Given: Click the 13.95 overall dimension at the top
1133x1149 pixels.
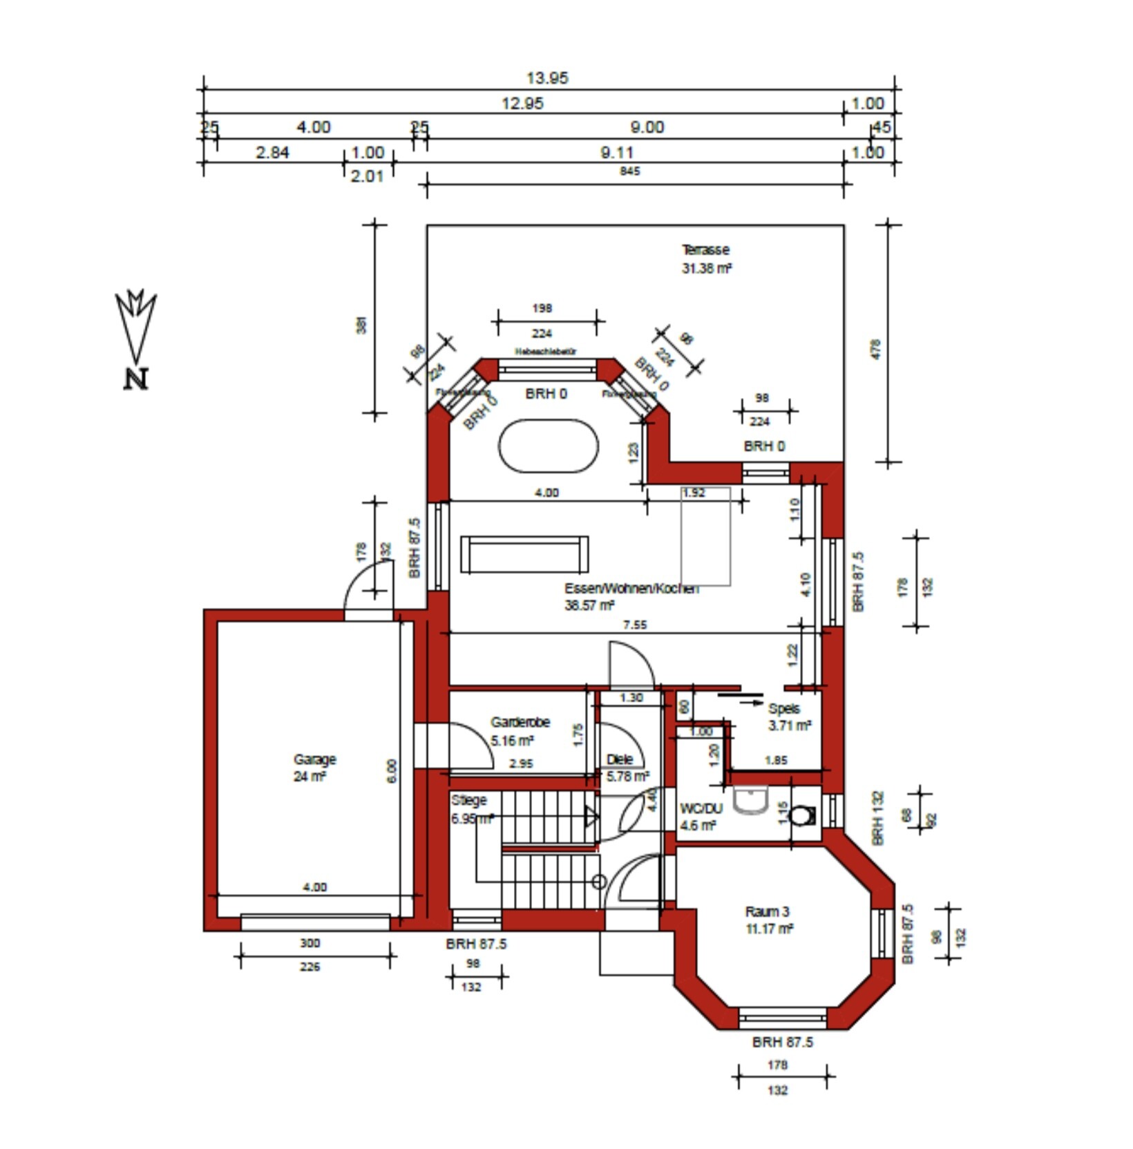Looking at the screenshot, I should point(547,78).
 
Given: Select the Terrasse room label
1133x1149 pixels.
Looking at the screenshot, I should point(705,250).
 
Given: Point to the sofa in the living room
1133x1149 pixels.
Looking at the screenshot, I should point(524,554).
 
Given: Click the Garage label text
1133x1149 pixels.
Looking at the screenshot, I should point(314,759).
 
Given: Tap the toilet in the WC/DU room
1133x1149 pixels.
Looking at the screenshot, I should point(801,816).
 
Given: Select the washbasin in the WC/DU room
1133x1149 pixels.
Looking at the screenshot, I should point(750,800).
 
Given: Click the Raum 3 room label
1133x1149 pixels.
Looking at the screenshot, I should point(767,912).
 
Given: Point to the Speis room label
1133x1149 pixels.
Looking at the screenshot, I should point(784,709).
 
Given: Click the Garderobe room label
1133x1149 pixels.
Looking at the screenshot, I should point(520,723).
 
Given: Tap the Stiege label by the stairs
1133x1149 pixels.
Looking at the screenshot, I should point(469,801).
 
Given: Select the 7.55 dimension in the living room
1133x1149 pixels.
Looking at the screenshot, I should point(635,625).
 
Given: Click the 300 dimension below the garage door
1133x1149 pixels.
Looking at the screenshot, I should point(310,943).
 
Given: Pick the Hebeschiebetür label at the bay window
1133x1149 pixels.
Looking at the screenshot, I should point(546,352).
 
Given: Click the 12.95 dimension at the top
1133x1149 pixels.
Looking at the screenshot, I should point(522,104).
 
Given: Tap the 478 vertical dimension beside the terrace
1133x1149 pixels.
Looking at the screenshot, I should point(875,348).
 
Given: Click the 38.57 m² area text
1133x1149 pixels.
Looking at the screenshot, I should point(589,606).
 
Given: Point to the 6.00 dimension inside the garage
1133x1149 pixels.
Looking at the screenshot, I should point(392,771).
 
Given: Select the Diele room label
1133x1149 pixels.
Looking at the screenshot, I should point(619,759).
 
